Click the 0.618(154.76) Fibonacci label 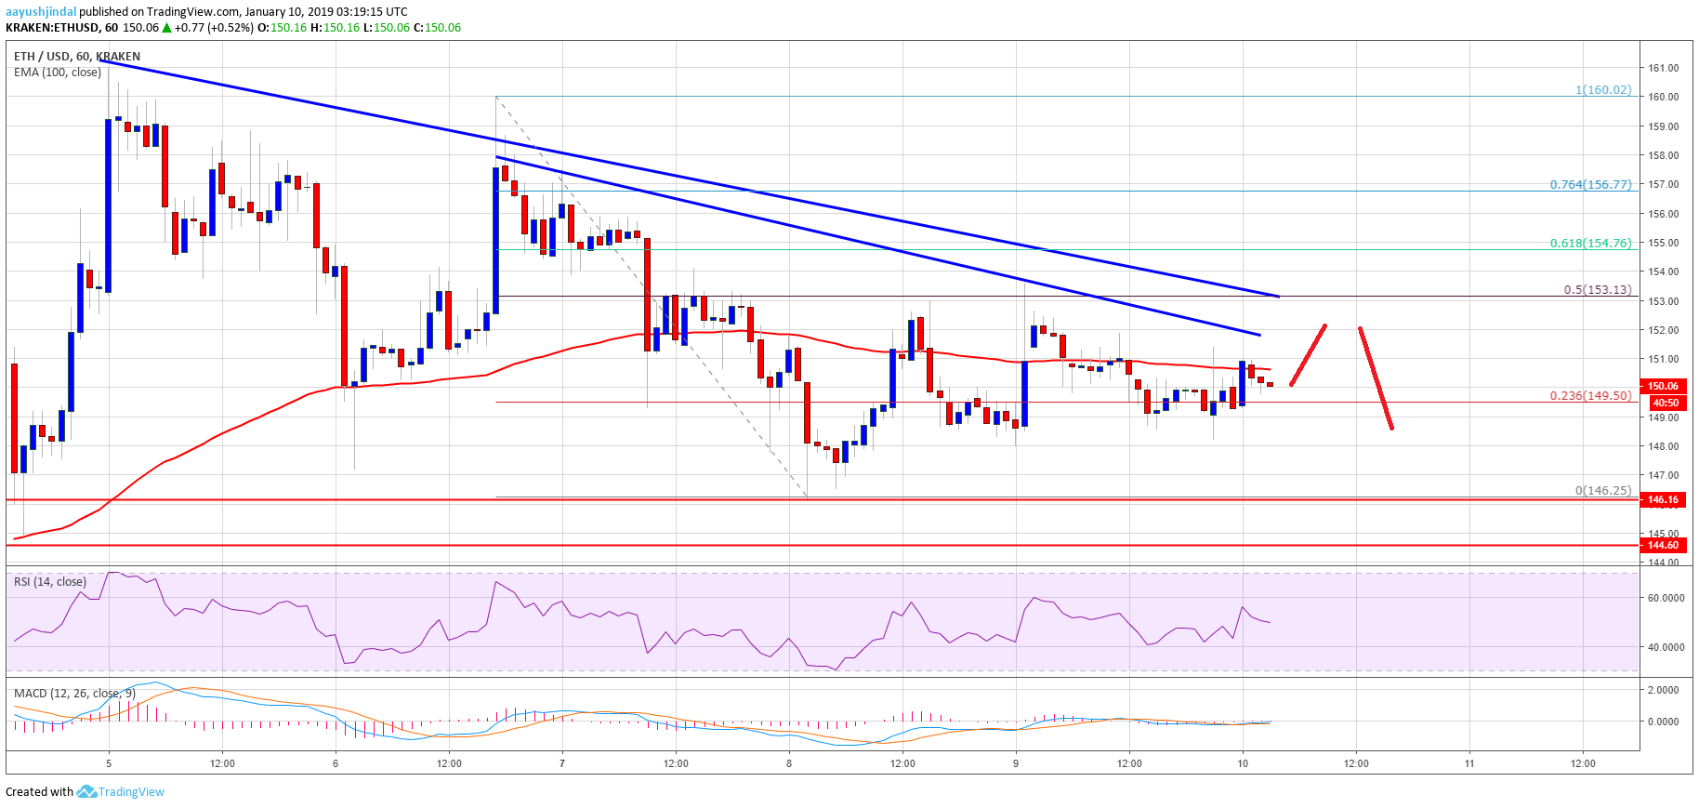point(1589,244)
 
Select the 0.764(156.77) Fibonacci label point(1589,185)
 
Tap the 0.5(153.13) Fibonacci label point(1597,290)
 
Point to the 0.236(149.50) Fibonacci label point(1589,396)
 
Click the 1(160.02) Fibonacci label point(1602,90)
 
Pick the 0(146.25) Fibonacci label point(1602,491)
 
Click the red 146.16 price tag point(1663,499)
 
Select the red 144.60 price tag point(1663,545)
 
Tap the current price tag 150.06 point(1663,386)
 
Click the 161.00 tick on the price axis point(1663,68)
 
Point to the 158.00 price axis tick point(1663,155)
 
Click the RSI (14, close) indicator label point(50,582)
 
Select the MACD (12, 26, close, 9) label point(74,694)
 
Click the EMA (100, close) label point(58,73)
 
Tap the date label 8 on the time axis point(789,763)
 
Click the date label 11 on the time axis point(1469,763)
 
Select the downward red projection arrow point(1376,378)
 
